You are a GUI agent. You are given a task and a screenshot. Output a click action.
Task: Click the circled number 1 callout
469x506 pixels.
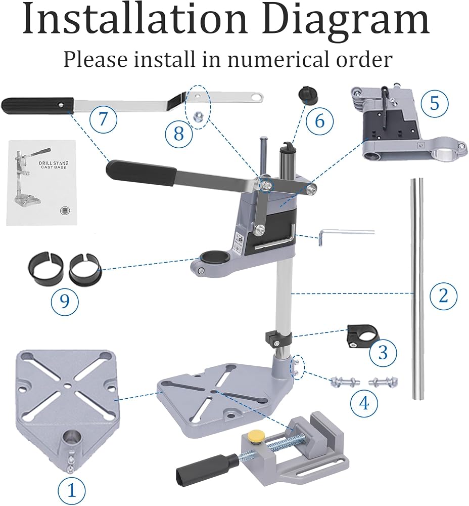[x=72, y=490]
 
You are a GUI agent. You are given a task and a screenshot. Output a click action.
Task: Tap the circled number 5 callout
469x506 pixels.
[x=435, y=103]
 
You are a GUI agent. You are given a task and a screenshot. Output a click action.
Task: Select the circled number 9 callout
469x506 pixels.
[x=65, y=301]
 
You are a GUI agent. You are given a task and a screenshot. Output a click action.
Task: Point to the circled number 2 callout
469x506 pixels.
[x=444, y=294]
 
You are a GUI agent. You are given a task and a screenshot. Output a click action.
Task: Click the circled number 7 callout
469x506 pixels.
[x=103, y=119]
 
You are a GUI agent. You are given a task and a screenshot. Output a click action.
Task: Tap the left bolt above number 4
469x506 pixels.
[x=343, y=382]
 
